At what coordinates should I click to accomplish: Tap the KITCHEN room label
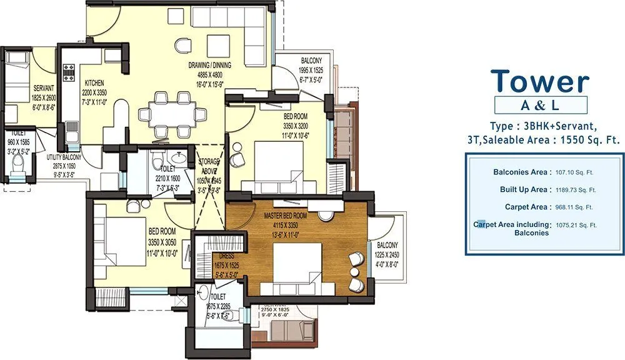[94, 83]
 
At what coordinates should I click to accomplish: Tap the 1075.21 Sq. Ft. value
[576, 224]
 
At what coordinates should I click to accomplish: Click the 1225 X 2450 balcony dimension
[386, 254]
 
